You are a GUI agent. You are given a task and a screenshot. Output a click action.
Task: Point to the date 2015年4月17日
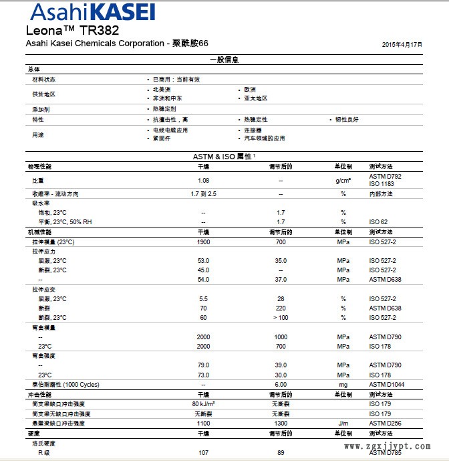coord(402,43)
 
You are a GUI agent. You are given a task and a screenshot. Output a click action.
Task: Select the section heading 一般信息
coord(224,60)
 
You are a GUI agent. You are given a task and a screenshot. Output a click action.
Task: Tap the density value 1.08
coord(204,180)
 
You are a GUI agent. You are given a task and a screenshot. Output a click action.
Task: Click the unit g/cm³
coord(343,180)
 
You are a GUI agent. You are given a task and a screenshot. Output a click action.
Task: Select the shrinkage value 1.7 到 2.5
coord(204,193)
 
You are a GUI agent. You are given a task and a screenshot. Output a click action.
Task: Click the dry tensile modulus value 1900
coord(204,242)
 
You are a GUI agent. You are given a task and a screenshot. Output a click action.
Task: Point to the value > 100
coord(281,317)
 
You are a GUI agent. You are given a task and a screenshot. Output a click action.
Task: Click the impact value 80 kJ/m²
coord(204,404)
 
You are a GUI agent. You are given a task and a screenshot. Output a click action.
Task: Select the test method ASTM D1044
coord(387,385)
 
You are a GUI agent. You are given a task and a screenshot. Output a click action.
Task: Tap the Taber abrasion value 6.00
coord(281,385)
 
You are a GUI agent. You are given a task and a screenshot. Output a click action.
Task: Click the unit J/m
coord(343,423)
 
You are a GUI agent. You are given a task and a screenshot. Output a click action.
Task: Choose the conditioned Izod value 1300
coord(281,423)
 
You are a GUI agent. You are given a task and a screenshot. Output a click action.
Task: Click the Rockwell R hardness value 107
coord(204,452)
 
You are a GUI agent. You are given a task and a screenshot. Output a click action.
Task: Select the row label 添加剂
coord(41,108)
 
